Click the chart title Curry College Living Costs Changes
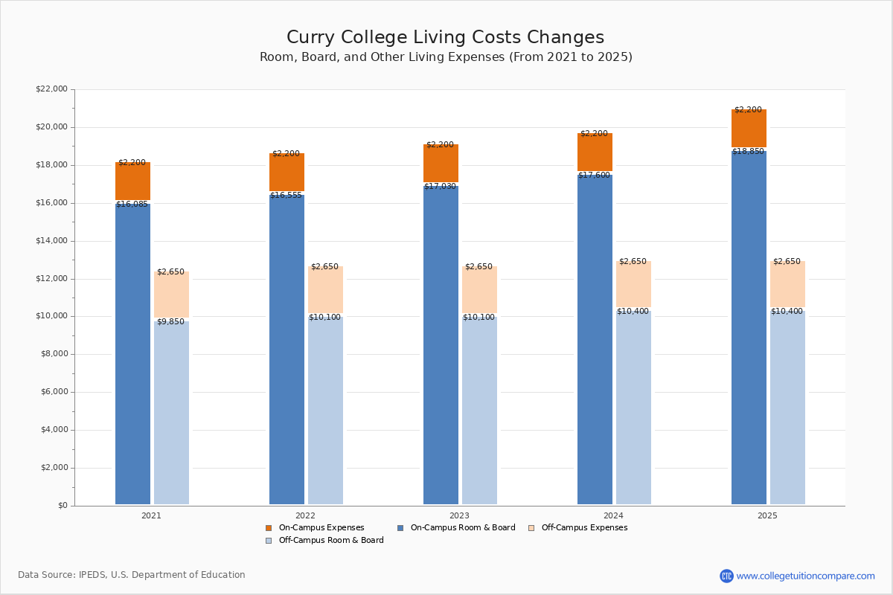pos(445,38)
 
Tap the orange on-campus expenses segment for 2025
pos(749,129)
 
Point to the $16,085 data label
pos(132,205)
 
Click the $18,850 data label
pos(748,152)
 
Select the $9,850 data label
pos(170,322)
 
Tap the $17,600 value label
pos(594,176)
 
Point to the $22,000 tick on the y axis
pos(51,89)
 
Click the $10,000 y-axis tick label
pos(51,316)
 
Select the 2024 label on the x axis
pos(613,515)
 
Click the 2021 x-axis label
pos(151,515)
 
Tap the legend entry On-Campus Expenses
pos(321,528)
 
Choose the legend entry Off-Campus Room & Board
pos(330,541)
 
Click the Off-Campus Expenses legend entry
pos(583,528)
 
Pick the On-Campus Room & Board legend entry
pos(462,528)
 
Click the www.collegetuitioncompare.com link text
pos(805,576)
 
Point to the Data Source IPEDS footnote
pos(132,575)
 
